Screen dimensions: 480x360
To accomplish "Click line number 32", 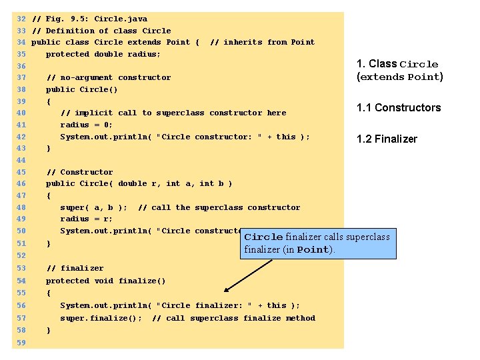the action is coord(21,19).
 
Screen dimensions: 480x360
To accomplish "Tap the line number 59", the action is coord(21,343).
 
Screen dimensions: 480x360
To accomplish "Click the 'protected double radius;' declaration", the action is coord(103,54).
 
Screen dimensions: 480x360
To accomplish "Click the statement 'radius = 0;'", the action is coord(87,125).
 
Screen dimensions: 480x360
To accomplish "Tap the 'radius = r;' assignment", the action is coord(87,219).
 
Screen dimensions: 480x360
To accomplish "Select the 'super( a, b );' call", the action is coord(94,207).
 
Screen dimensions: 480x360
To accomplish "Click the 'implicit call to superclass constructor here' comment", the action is coord(173,113).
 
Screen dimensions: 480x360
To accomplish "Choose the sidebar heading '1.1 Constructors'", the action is coord(399,108).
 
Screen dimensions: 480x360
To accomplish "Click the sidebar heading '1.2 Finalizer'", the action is coord(387,139).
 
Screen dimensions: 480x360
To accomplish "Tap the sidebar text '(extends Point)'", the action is coord(400,77).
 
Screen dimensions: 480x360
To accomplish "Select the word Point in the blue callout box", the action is coord(313,250).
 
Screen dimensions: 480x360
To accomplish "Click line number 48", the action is coord(21,207).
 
